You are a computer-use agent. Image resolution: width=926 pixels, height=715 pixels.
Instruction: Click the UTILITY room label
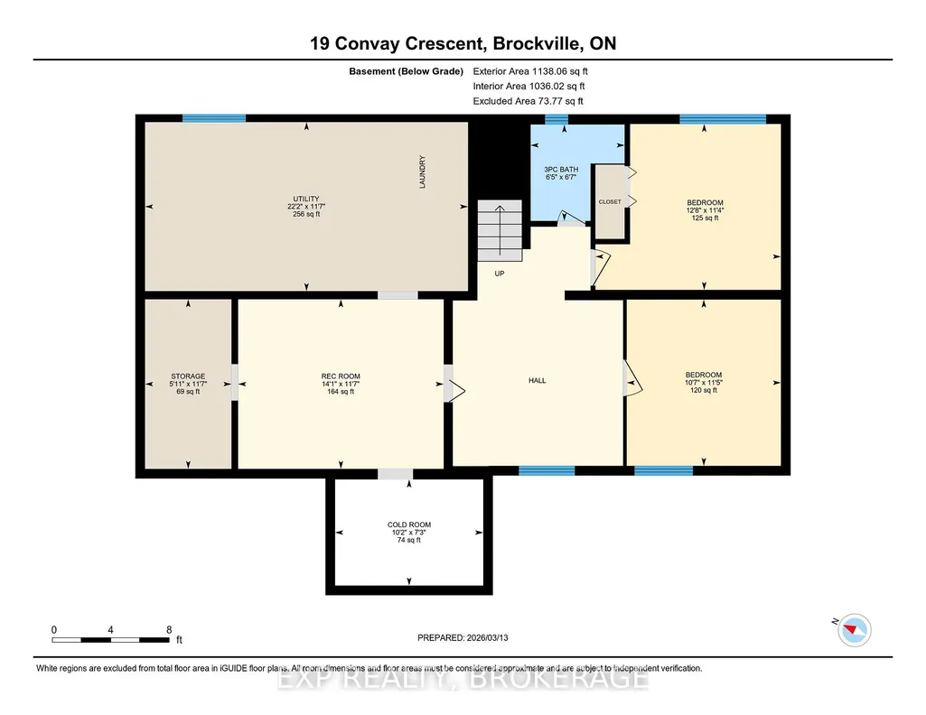click(x=306, y=199)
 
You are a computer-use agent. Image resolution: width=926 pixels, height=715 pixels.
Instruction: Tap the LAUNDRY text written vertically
click(x=422, y=172)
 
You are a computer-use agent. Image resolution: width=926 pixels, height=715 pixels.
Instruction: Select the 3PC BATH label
click(x=561, y=170)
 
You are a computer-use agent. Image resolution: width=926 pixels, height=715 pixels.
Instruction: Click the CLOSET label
click(x=610, y=201)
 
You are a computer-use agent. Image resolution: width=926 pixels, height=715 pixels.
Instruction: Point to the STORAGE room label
click(x=189, y=376)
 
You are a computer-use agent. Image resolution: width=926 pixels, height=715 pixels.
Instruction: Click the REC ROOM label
click(x=341, y=376)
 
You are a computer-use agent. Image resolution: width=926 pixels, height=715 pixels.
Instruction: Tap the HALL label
click(x=538, y=380)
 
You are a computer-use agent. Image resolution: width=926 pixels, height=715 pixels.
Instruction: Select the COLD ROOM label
click(x=409, y=525)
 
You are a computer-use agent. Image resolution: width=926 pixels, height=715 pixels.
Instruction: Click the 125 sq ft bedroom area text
click(x=706, y=218)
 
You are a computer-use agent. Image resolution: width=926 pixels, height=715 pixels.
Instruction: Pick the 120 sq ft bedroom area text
click(x=704, y=390)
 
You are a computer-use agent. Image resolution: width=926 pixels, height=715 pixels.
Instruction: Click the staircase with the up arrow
click(x=500, y=231)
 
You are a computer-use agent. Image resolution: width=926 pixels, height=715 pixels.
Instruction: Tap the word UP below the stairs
click(x=500, y=274)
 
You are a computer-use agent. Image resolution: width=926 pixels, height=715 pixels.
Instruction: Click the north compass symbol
click(x=854, y=629)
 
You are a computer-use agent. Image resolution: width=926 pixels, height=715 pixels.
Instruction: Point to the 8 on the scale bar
click(x=169, y=629)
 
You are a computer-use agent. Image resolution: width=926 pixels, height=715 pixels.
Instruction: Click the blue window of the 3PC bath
click(x=557, y=119)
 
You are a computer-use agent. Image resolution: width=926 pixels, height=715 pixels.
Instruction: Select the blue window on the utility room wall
click(x=214, y=118)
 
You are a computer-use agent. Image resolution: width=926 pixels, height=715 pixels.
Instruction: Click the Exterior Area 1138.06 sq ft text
click(x=530, y=71)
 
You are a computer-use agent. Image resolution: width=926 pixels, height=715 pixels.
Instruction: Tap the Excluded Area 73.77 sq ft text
click(x=528, y=101)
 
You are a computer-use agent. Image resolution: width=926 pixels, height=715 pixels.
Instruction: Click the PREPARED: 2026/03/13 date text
click(x=463, y=637)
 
